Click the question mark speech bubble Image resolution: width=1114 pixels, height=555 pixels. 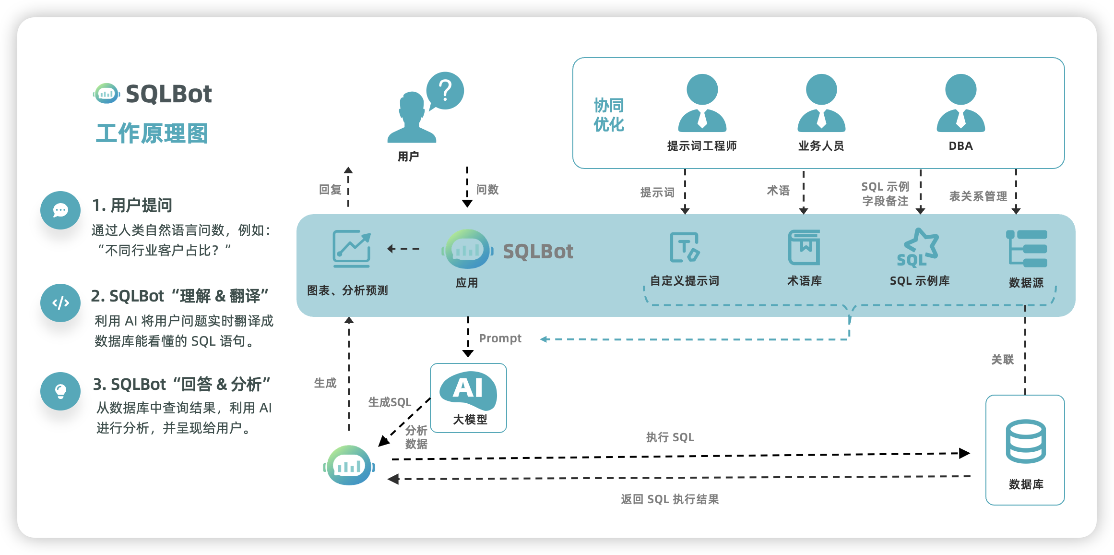coord(445,90)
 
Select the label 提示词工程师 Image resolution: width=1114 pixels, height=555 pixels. coord(701,146)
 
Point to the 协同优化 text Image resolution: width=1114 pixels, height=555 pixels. coord(608,115)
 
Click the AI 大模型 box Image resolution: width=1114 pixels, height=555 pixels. coord(468,398)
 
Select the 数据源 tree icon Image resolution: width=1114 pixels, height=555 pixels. coord(1026,248)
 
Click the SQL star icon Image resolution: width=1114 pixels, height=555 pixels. coord(918,248)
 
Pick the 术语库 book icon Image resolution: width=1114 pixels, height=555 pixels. coord(804,247)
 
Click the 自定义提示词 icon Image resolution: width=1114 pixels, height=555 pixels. coord(685,247)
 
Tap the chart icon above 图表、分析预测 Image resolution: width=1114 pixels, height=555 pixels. coord(352,248)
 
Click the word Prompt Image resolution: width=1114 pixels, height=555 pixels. coord(500,338)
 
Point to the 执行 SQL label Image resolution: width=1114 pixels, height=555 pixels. coord(670,437)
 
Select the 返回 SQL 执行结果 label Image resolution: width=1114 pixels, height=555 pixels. coord(670,499)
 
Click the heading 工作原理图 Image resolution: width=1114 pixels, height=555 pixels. coord(152,133)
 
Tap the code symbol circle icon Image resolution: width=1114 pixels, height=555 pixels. coord(60,303)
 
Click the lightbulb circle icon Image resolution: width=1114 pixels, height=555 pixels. coord(60,391)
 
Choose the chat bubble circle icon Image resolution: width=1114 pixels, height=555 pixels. coord(60,210)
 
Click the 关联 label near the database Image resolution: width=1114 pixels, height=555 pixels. coord(1002,360)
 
